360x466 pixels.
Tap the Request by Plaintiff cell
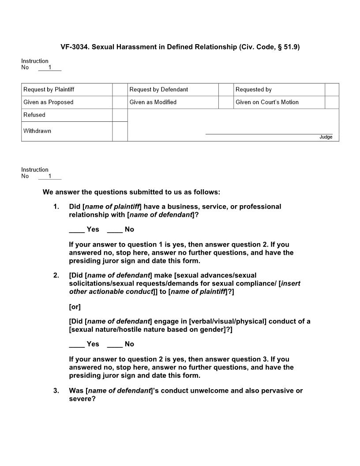(x=67, y=90)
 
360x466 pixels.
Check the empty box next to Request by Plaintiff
(x=120, y=90)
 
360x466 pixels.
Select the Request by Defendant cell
(x=173, y=90)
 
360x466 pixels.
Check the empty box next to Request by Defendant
(x=226, y=90)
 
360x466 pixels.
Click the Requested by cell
(x=279, y=90)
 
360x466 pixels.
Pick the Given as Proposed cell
(x=67, y=102)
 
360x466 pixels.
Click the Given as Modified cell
(x=173, y=102)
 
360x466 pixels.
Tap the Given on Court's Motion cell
(x=279, y=102)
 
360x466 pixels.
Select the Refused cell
(x=67, y=115)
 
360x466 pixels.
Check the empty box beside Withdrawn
(x=120, y=132)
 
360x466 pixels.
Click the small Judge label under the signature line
(x=326, y=137)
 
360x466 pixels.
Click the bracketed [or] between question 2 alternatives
(x=75, y=307)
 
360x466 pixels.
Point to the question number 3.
(x=56, y=391)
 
